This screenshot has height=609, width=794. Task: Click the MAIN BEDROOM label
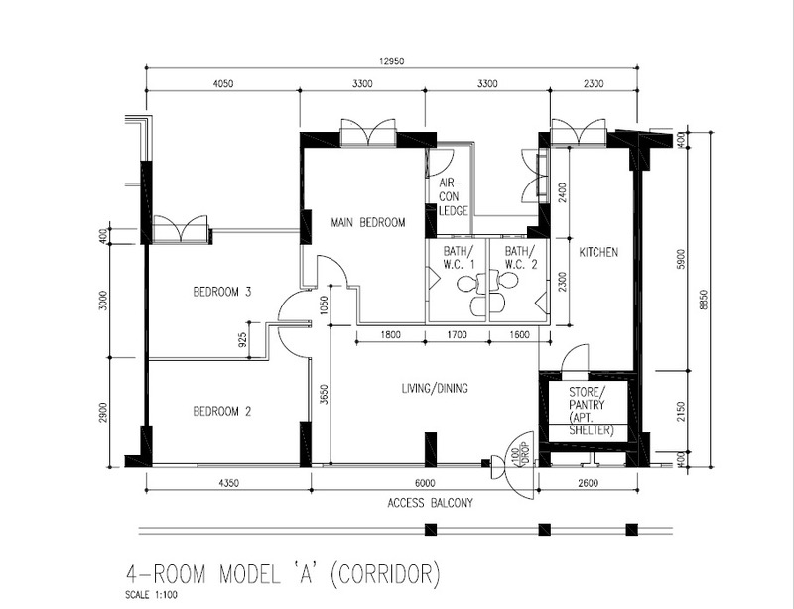click(368, 223)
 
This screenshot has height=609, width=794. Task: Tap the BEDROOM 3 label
click(222, 292)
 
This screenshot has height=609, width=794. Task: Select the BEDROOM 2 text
click(222, 411)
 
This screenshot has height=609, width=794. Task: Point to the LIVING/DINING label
click(435, 388)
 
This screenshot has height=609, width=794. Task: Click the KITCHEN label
click(598, 252)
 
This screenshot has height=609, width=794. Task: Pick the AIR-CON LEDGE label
click(453, 197)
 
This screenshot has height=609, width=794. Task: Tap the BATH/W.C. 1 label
click(460, 257)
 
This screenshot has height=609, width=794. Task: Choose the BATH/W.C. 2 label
click(520, 257)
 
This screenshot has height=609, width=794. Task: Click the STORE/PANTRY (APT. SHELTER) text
click(591, 411)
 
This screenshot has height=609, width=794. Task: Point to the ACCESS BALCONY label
click(431, 503)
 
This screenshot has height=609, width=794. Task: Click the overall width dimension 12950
click(391, 61)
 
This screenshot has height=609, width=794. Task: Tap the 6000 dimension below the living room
click(425, 483)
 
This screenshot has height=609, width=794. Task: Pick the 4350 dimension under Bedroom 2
click(228, 483)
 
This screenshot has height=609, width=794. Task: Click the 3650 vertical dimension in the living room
click(325, 396)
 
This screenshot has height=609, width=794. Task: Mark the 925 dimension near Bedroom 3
click(242, 339)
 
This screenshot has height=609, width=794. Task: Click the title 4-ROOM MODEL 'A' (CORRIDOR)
click(283, 574)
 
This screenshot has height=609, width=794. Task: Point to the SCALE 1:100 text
click(152, 595)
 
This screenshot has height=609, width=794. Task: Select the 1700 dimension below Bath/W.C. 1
click(458, 334)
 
